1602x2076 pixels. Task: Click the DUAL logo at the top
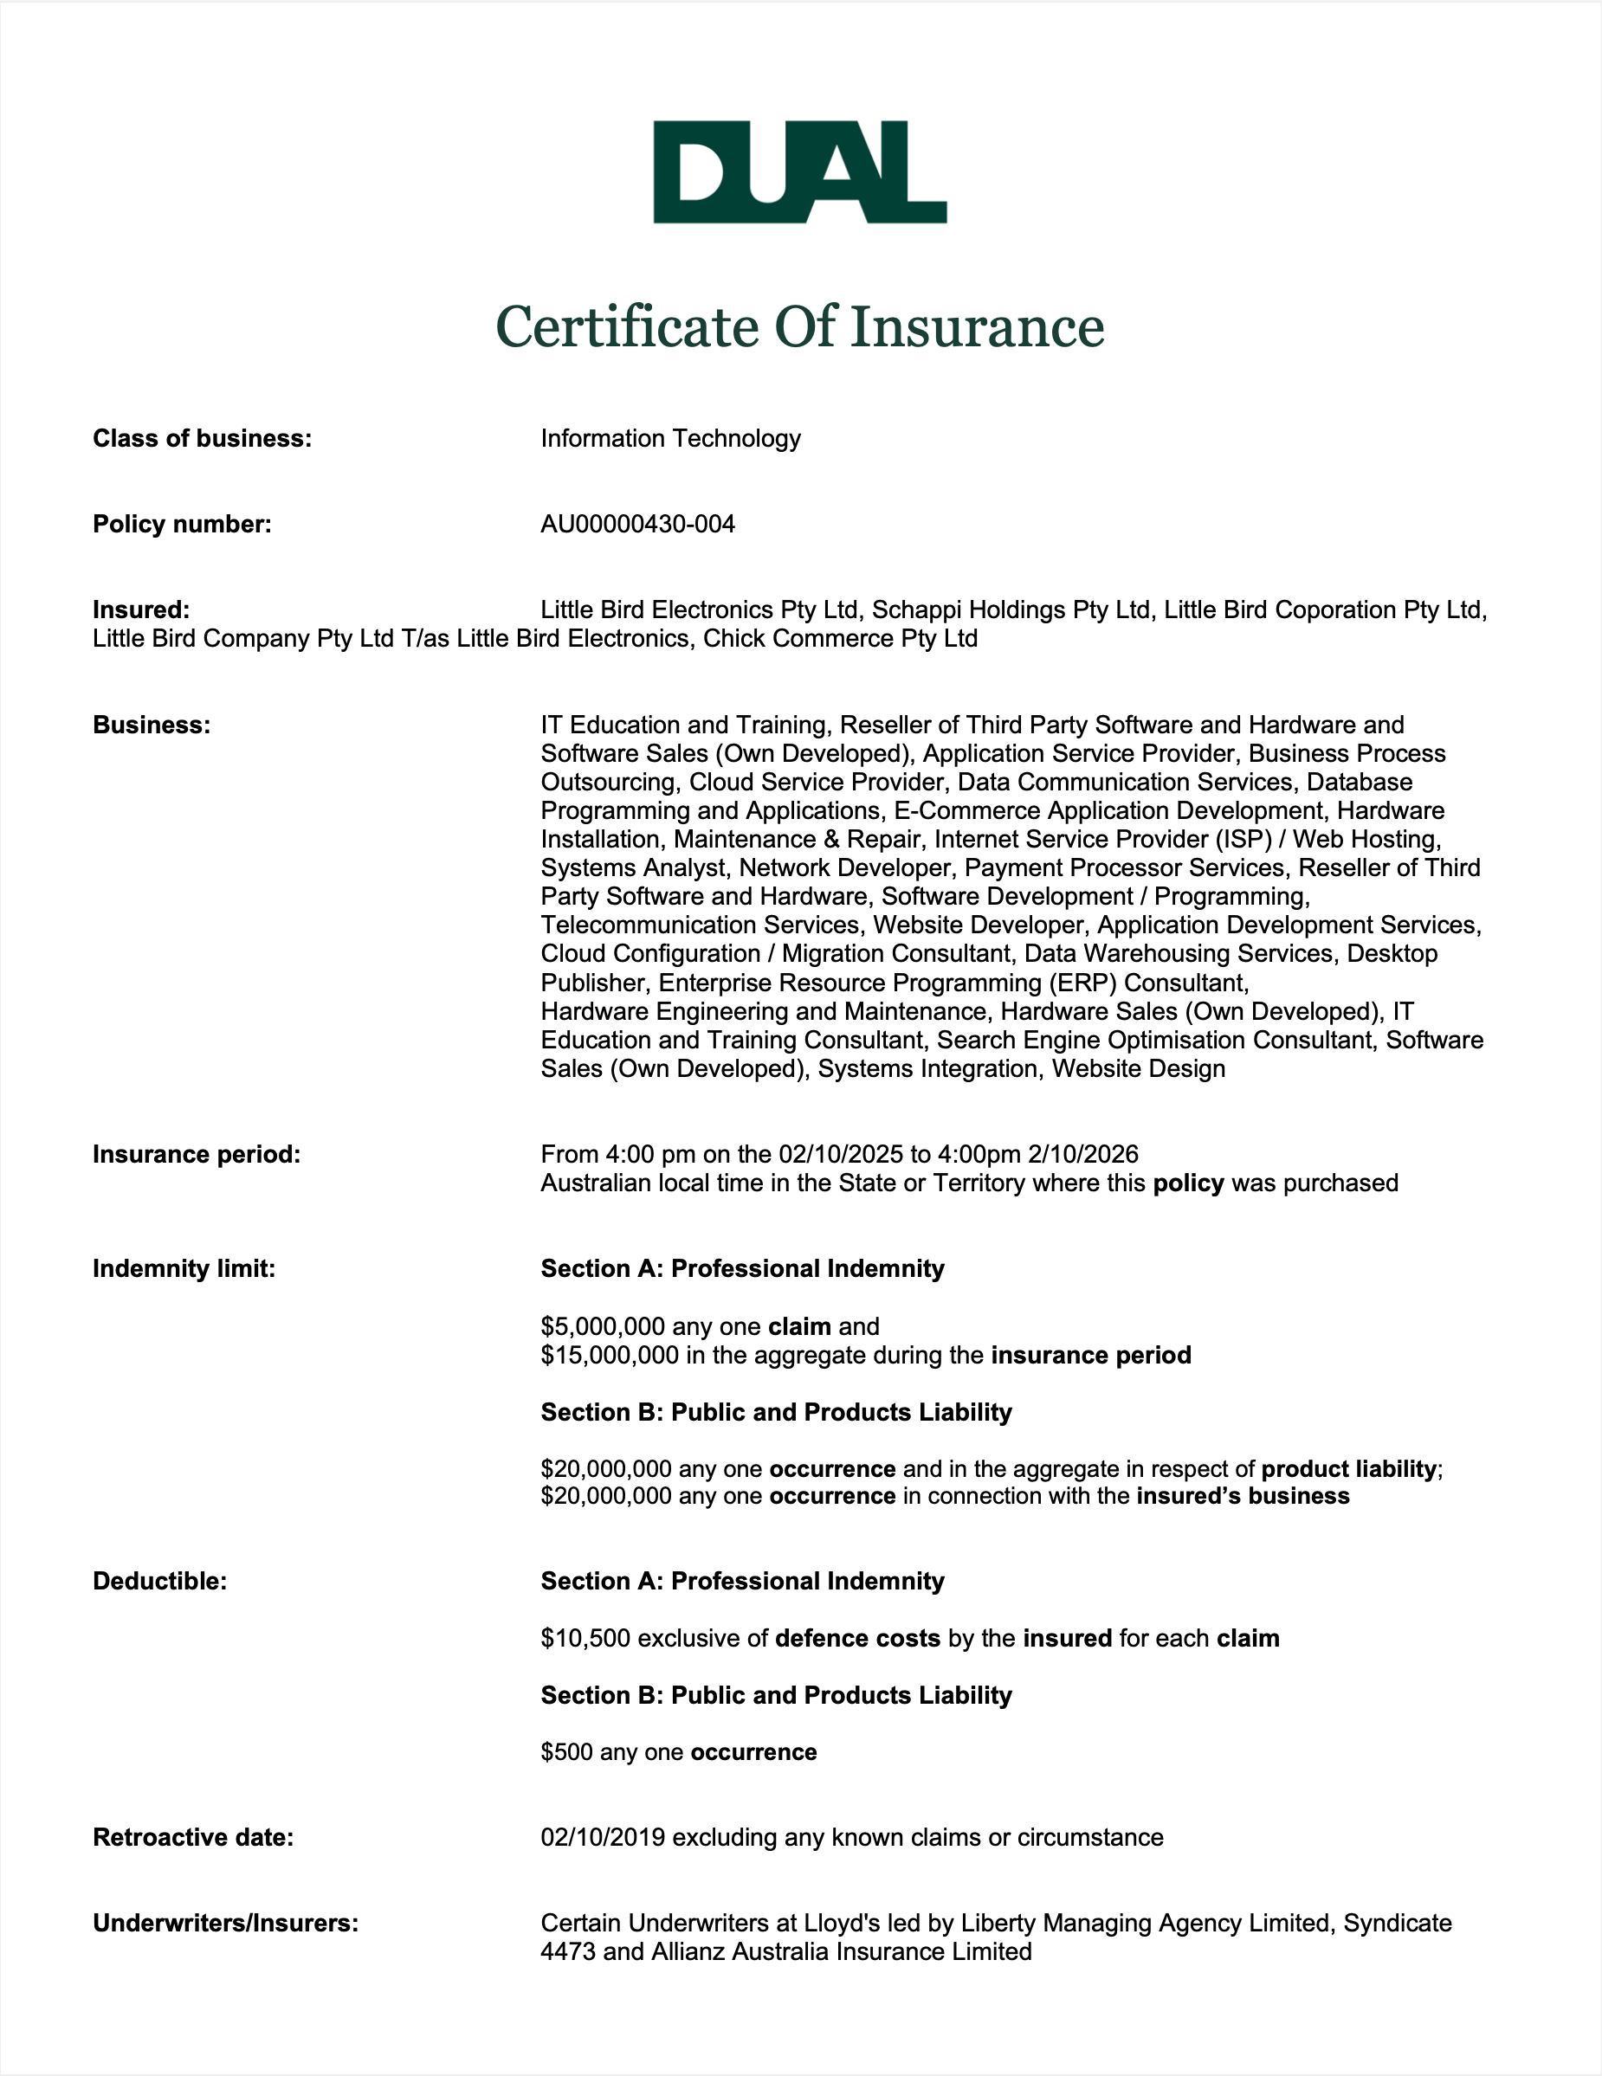(799, 172)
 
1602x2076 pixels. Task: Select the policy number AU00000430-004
(637, 524)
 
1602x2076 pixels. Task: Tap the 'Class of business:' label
(202, 438)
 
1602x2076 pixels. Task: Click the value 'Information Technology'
(670, 438)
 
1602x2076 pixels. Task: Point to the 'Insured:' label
(140, 609)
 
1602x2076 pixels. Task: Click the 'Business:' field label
(152, 725)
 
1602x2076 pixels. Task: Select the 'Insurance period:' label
(196, 1154)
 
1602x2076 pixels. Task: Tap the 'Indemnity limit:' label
(184, 1268)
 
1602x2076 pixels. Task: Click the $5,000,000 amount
(603, 1326)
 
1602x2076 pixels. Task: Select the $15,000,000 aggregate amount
(610, 1355)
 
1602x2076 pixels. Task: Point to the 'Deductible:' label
(159, 1581)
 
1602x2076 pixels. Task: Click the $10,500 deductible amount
(585, 1638)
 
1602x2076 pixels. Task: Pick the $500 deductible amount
(566, 1752)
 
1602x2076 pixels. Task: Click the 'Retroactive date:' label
(193, 1837)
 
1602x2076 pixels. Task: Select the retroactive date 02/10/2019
(603, 1837)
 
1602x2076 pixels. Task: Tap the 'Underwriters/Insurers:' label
(225, 1923)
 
